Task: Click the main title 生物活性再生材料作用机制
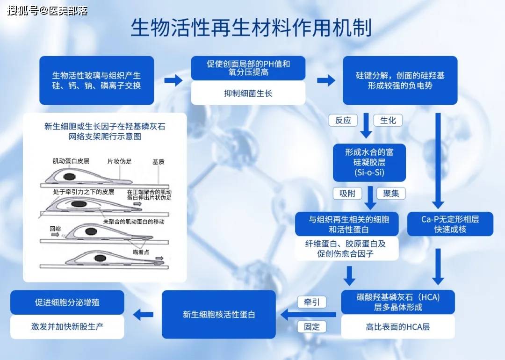[251, 28]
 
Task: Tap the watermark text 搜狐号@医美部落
[47, 10]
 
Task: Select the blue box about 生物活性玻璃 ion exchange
[96, 80]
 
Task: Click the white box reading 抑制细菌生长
[248, 94]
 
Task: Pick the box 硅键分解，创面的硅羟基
[400, 80]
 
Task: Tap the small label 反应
[343, 120]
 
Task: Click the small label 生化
[388, 120]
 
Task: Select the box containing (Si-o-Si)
[369, 163]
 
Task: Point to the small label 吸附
[347, 193]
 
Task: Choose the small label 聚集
[391, 193]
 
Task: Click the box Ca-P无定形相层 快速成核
[450, 224]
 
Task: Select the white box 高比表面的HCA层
[397, 327]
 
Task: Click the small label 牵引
[312, 302]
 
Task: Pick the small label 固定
[312, 327]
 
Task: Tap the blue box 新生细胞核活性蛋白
[219, 315]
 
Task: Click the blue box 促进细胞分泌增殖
[67, 302]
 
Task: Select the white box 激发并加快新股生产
[67, 327]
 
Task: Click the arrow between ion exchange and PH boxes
[173, 80]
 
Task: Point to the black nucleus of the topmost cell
[70, 176]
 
